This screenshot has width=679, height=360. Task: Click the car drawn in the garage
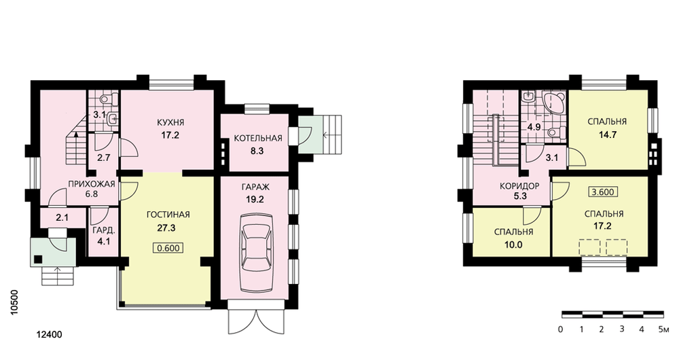pyautogui.click(x=257, y=254)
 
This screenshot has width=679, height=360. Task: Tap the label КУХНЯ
pyautogui.click(x=170, y=122)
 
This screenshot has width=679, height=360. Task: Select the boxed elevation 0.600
pyautogui.click(x=167, y=248)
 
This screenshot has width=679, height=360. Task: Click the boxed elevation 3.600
pyautogui.click(x=603, y=192)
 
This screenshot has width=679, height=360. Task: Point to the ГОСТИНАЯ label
pyautogui.click(x=168, y=215)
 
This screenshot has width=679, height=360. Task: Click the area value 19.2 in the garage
pyautogui.click(x=255, y=200)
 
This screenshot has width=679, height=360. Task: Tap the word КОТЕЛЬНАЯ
pyautogui.click(x=257, y=138)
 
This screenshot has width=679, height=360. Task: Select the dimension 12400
pyautogui.click(x=50, y=334)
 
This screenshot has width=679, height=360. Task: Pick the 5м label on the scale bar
pyautogui.click(x=663, y=329)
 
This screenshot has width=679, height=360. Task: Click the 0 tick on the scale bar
pyautogui.click(x=560, y=329)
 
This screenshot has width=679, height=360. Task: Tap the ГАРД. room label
pyautogui.click(x=103, y=230)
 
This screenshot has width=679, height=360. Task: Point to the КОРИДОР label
pyautogui.click(x=519, y=186)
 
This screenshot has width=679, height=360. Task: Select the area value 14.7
pyautogui.click(x=608, y=134)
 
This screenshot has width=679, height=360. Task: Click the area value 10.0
pyautogui.click(x=513, y=245)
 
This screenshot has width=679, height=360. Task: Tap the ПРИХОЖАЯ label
pyautogui.click(x=92, y=184)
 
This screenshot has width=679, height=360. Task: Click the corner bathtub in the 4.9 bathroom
pyautogui.click(x=553, y=103)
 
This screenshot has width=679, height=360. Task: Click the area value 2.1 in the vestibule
pyautogui.click(x=62, y=218)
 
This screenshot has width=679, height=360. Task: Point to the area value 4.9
pyautogui.click(x=534, y=128)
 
